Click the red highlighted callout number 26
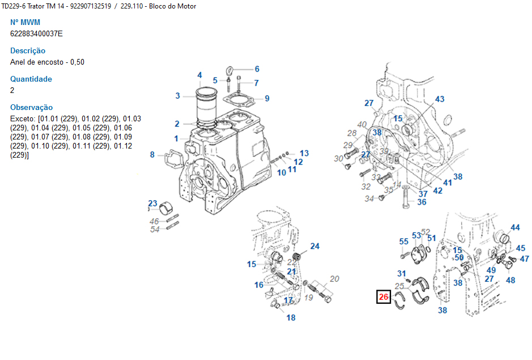coord(384,297)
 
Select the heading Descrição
coord(28,50)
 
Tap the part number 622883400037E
coord(37,33)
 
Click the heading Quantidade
coord(31,79)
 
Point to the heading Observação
coord(32,107)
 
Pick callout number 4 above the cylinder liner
coord(199,75)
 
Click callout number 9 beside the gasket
coord(267,98)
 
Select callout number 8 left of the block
coord(152,154)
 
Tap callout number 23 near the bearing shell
coord(152,204)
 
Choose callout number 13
coord(304,153)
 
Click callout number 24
coord(314,246)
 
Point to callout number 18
coord(291,317)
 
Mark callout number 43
coord(440,99)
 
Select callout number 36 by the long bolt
coord(422,202)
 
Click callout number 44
coord(515,228)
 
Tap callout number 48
coord(510,279)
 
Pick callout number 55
coord(404,242)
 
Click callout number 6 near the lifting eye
coord(257,69)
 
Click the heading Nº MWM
coord(25,22)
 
